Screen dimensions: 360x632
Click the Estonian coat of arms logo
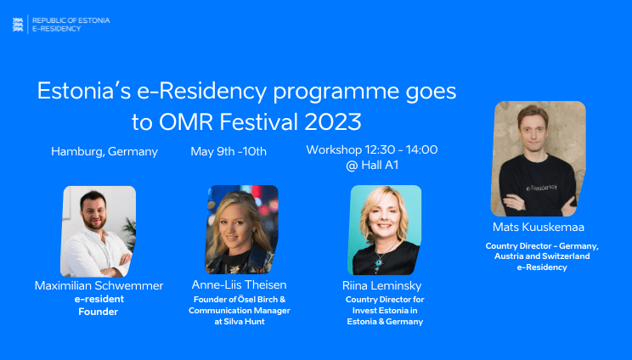coord(18,24)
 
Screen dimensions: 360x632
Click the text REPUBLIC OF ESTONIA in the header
coord(71,20)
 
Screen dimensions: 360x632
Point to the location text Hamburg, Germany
coord(104,152)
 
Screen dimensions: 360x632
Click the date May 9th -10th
coord(229,152)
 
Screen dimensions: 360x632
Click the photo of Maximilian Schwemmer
coord(98,231)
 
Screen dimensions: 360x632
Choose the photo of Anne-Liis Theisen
coord(241,229)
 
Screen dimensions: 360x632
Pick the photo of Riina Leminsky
coord(385,229)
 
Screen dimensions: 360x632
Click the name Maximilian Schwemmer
coord(99,285)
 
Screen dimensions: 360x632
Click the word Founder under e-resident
coord(99,312)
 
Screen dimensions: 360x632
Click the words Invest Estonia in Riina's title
coord(383,311)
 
